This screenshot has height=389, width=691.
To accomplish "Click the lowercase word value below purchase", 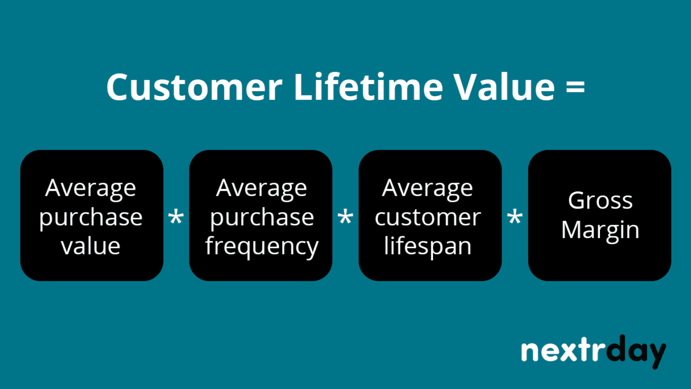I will (x=91, y=246).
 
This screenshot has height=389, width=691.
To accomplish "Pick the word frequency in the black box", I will (x=261, y=247).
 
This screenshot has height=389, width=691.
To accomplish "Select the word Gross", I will (x=600, y=201).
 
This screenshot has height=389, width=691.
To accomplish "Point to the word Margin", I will (x=600, y=230).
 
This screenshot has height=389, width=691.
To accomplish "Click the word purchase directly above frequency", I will (x=261, y=218).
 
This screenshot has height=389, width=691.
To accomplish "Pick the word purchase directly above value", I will (x=91, y=218).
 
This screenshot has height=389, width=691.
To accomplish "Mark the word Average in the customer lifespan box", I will (x=427, y=188).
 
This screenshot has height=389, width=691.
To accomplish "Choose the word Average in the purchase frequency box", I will (x=261, y=188).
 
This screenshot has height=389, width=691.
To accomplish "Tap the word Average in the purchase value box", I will (x=91, y=188).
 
